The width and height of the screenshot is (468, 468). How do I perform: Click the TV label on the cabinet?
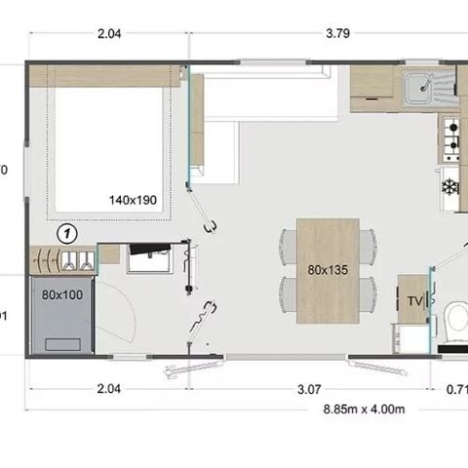(x=413, y=300)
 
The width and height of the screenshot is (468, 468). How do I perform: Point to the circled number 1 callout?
(x=66, y=233)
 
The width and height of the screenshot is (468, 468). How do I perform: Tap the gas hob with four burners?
(x=451, y=140)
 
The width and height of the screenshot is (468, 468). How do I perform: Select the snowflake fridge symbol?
(x=450, y=185)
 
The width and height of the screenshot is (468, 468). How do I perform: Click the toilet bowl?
(x=455, y=319)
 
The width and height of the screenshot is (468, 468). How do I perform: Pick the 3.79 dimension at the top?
(x=337, y=32)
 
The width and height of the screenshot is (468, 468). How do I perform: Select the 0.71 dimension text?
(x=455, y=389)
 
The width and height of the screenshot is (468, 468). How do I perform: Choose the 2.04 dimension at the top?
(x=109, y=32)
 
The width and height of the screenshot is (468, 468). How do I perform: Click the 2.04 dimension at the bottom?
(x=109, y=389)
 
